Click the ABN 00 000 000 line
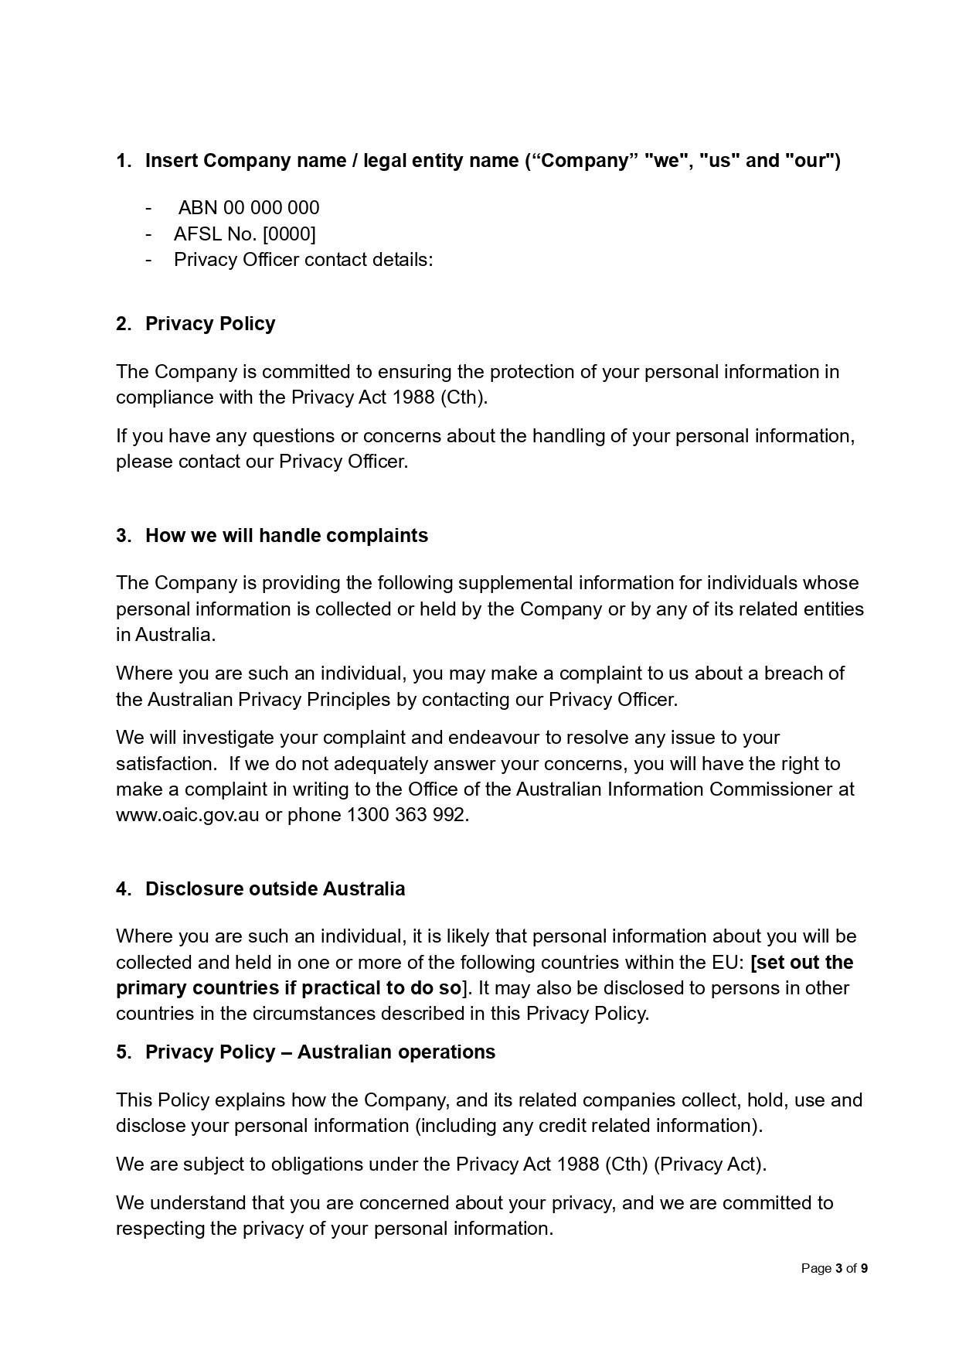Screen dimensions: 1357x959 click(248, 208)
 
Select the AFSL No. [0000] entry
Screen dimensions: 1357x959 click(244, 234)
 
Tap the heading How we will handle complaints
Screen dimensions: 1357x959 click(286, 535)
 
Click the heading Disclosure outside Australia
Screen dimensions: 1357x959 click(274, 888)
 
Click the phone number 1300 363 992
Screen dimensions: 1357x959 click(406, 815)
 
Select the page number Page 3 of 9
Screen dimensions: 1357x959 click(834, 1268)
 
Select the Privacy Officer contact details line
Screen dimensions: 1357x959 click(303, 259)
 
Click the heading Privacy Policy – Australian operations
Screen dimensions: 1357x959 click(320, 1052)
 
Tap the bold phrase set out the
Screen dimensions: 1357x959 click(803, 962)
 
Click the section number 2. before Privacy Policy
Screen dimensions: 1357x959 click(124, 323)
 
